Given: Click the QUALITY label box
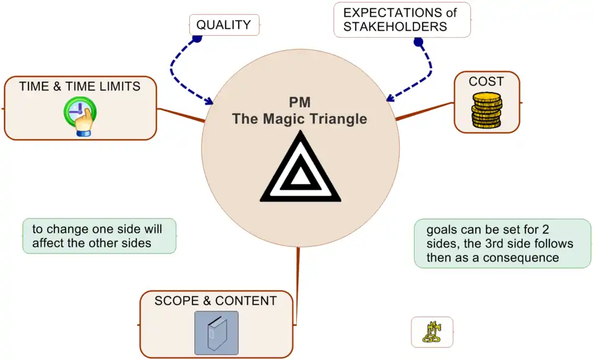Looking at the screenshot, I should click(x=223, y=25).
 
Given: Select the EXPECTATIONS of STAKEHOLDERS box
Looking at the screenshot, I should click(x=402, y=20).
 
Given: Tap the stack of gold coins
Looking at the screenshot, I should click(x=486, y=111).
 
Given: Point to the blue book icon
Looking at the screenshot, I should click(x=216, y=333).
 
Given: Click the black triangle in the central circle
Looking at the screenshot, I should click(x=300, y=171).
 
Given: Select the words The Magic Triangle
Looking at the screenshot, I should click(x=299, y=118).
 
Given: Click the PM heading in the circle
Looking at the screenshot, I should click(x=299, y=102).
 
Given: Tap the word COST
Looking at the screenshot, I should click(x=486, y=81).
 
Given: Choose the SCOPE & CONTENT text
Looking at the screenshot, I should click(x=215, y=301).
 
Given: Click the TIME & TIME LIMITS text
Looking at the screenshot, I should click(x=80, y=86).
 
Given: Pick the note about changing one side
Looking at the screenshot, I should click(x=100, y=236).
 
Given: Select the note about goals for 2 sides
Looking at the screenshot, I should click(x=502, y=243).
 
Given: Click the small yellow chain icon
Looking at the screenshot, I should click(x=431, y=332).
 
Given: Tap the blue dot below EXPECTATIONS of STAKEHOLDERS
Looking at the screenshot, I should click(x=418, y=43).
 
